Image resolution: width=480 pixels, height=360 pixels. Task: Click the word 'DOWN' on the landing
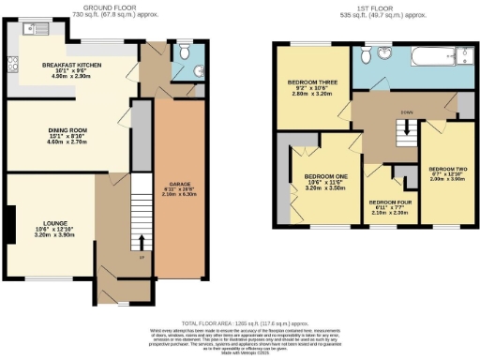coord(406,113)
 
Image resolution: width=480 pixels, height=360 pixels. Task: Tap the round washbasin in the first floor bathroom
coord(384,54)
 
